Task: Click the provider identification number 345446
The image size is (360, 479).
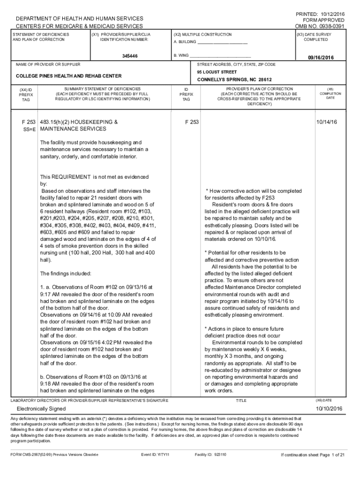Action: click(130, 57)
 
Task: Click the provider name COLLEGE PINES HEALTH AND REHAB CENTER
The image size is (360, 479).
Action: click(69, 76)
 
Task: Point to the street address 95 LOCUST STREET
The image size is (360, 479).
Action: click(217, 72)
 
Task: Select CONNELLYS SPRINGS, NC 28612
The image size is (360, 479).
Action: click(234, 80)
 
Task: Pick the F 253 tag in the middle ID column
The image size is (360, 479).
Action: click(192, 122)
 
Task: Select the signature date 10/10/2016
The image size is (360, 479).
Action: click(329, 409)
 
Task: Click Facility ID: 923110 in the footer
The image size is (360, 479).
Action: click(210, 454)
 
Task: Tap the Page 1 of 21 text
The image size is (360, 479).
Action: click(329, 454)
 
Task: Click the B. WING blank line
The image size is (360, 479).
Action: click(217, 55)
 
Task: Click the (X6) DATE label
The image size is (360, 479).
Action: click(324, 400)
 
